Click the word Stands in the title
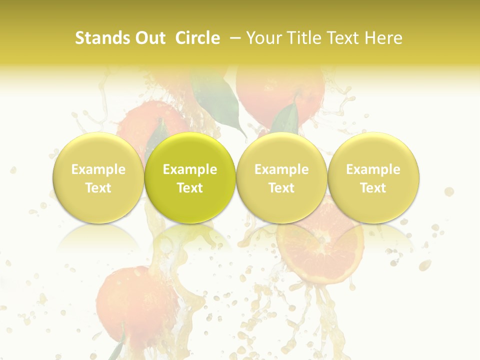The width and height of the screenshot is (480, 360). point(102,38)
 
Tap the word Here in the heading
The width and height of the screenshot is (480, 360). point(383,38)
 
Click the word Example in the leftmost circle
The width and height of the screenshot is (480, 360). point(98,169)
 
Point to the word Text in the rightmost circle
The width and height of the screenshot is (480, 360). point(373,188)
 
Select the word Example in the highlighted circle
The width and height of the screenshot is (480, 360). point(190,169)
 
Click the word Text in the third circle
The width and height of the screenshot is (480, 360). point(281,188)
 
